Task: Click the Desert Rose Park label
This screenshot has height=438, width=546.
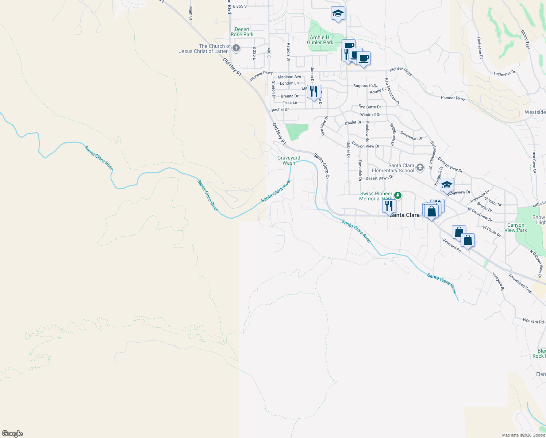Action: [242, 32]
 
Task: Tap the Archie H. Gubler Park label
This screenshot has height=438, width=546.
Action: [320, 40]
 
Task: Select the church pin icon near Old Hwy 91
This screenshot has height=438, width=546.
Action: [236, 48]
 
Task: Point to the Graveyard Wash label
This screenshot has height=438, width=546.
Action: [289, 160]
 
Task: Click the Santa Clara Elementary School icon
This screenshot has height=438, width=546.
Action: [420, 168]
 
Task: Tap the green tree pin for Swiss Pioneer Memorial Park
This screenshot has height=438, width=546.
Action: [397, 195]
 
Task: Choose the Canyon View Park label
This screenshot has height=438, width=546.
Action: [516, 227]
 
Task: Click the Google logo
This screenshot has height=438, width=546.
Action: [12, 434]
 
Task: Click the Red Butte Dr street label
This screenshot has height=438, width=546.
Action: [370, 107]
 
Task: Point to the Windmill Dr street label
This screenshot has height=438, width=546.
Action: [370, 115]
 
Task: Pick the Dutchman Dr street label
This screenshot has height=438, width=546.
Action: [411, 136]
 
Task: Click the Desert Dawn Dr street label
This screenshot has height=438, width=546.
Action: [380, 178]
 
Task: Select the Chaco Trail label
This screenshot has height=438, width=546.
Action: [525, 40]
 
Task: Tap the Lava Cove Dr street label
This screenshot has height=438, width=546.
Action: [534, 161]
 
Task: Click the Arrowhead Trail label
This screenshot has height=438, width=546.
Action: [520, 284]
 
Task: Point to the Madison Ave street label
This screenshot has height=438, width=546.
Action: [289, 77]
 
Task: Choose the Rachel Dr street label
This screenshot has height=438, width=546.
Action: [280, 109]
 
